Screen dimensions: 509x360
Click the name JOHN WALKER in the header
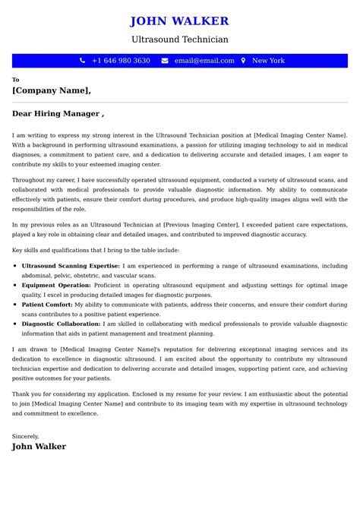click(179, 21)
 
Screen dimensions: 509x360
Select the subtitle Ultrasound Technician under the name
click(179, 40)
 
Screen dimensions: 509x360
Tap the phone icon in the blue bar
click(82, 61)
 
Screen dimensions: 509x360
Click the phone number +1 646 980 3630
click(121, 61)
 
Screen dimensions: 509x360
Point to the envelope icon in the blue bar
click(165, 61)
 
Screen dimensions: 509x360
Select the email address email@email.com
click(204, 61)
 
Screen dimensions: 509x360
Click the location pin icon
click(243, 61)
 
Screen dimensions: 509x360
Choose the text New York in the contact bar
click(268, 61)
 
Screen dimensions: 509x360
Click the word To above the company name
click(15, 79)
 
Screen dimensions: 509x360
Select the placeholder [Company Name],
click(52, 90)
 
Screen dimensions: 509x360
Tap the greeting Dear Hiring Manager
click(58, 114)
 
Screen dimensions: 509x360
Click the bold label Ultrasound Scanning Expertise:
click(71, 266)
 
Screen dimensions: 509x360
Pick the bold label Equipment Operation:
click(61, 284)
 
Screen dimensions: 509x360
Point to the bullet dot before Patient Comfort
click(16, 304)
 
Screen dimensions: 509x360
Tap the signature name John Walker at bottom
click(39, 447)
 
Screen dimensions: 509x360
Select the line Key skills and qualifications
click(96, 249)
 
